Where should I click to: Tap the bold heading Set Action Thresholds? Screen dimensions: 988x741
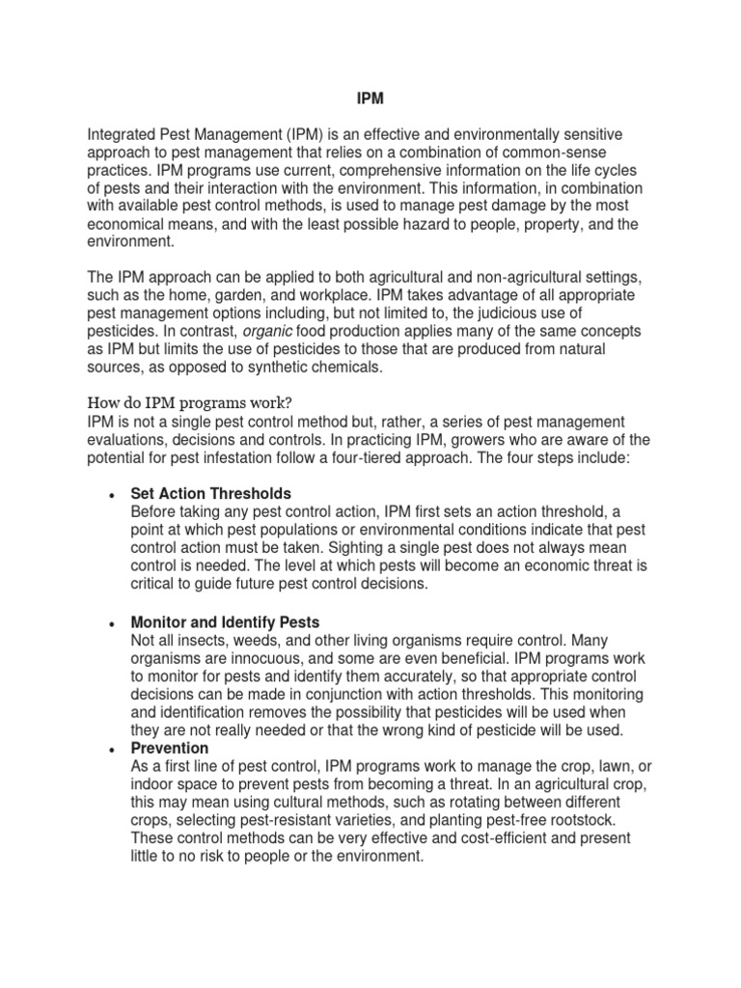tap(210, 493)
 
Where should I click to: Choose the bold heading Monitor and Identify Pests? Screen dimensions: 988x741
tap(225, 621)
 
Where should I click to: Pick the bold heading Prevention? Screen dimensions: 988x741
tap(169, 748)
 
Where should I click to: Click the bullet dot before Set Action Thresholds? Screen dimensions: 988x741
tap(111, 495)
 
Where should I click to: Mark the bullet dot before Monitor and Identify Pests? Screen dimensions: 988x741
tap(111, 623)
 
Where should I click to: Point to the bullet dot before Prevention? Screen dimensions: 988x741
tap(111, 750)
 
